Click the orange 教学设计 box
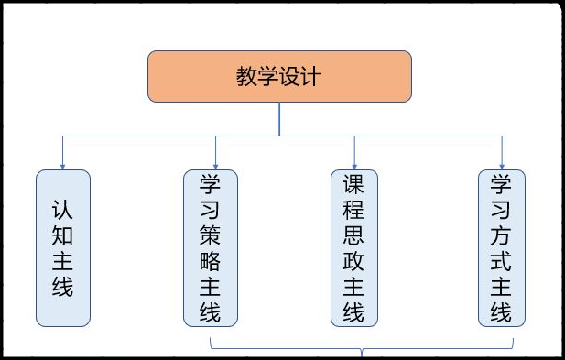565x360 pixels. pos(279,76)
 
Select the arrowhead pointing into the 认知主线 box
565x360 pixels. pos(63,165)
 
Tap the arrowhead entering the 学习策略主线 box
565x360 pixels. pos(216,165)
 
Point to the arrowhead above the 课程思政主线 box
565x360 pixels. pos(355,165)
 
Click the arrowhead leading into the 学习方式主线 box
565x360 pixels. pos(503,165)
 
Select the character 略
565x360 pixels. pos(211,261)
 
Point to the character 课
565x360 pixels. pos(355,184)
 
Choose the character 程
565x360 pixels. pos(355,210)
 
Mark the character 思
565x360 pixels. pos(355,235)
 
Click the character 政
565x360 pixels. pos(355,261)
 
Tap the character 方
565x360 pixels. pos(502,235)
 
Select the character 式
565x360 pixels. pos(502,261)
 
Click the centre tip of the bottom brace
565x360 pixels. pos(364,353)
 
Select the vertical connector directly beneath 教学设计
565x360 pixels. pos(279,119)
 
